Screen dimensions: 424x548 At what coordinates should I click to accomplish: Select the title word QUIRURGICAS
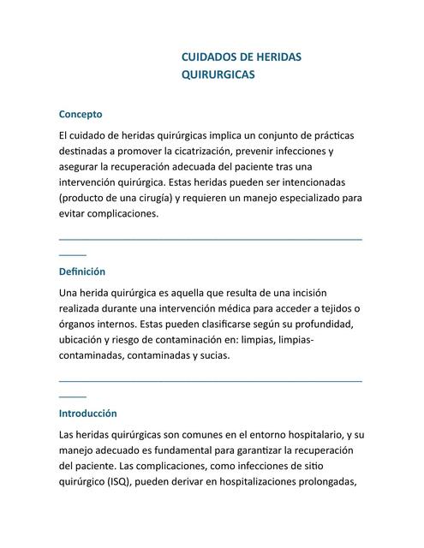click(218, 74)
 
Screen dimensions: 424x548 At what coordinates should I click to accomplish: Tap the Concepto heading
click(81, 113)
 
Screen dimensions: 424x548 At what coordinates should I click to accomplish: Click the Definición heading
click(82, 271)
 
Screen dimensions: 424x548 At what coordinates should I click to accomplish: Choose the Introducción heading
click(87, 413)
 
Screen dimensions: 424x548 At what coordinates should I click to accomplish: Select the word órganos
click(79, 324)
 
